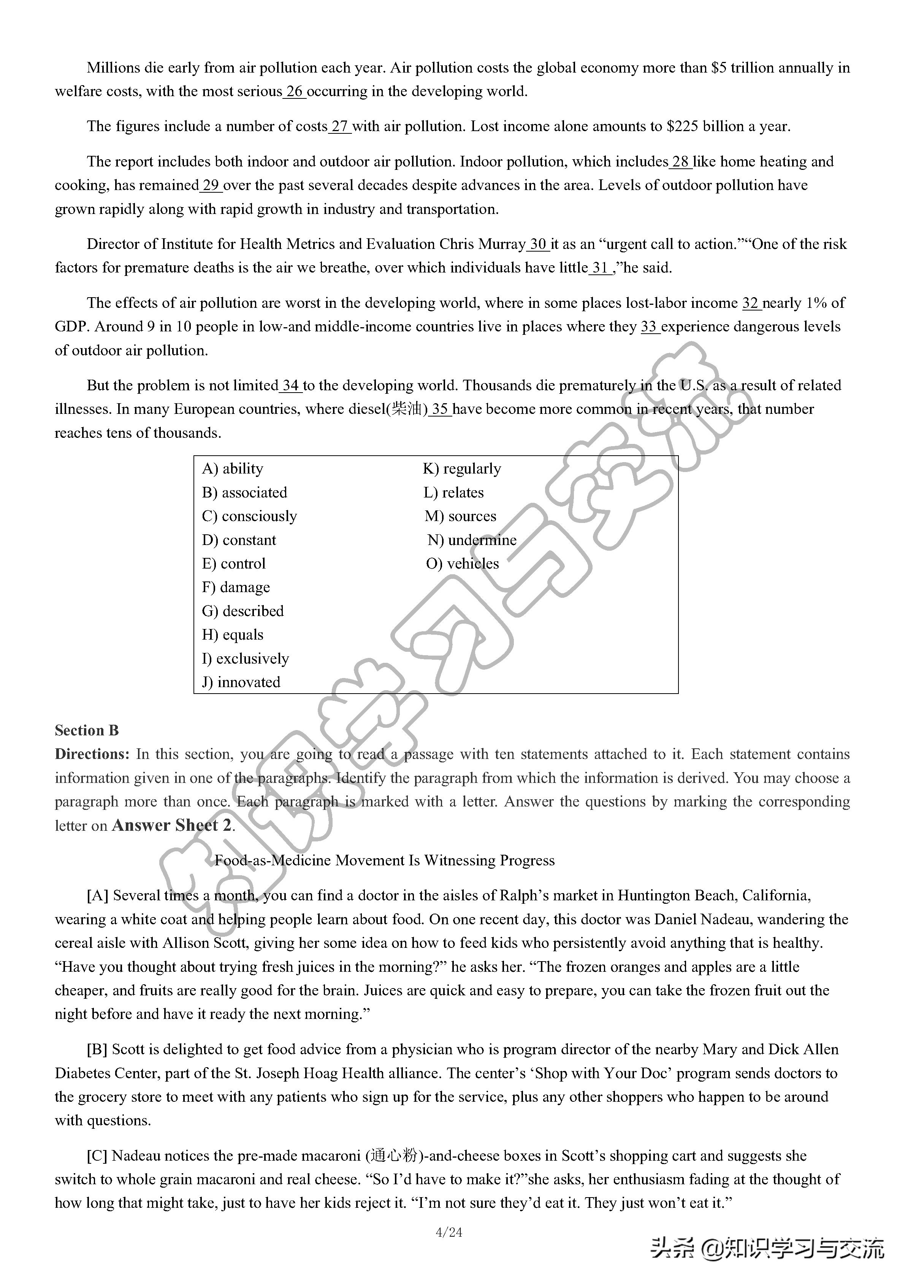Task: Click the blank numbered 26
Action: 295,92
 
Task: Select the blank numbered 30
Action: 538,244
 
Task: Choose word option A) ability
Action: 233,469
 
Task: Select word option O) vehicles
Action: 462,564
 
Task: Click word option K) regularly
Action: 462,469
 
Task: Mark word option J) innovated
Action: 241,682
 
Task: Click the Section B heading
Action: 87,731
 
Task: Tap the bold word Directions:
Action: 92,754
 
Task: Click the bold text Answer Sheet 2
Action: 172,825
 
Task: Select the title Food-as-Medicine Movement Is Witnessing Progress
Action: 385,860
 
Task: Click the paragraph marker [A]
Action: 98,896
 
